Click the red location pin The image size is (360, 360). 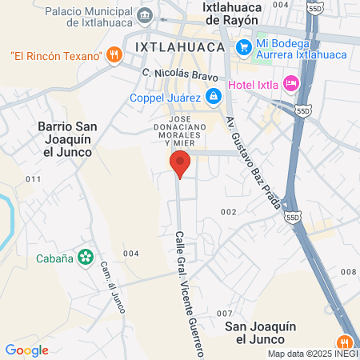(180, 164)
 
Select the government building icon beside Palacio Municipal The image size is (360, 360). (145, 14)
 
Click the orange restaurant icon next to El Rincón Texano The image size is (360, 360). (114, 55)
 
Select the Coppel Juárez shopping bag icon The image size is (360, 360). (213, 98)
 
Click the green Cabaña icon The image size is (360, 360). (85, 258)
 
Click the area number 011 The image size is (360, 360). (32, 178)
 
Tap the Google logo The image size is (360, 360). (26, 350)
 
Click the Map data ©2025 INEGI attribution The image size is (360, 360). (312, 354)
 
